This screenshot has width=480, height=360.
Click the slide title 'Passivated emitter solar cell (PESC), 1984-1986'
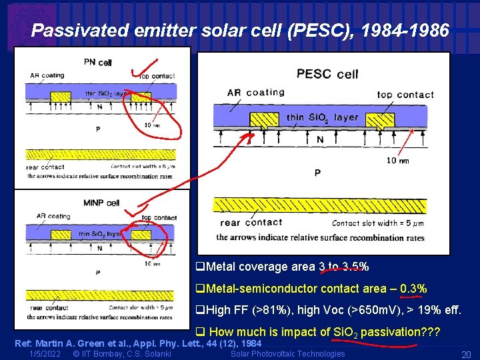click(240, 31)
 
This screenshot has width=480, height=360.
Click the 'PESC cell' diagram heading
click(327, 74)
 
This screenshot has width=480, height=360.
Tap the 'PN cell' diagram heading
click(97, 62)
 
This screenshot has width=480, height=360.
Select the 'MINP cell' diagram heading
click(101, 203)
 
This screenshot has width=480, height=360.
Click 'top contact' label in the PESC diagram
click(405, 95)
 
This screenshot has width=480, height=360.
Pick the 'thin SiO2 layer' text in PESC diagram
click(322, 118)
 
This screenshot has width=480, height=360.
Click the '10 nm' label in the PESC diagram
click(398, 161)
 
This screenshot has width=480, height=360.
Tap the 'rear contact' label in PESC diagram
click(251, 223)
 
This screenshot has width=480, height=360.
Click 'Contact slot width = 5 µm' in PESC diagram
click(378, 223)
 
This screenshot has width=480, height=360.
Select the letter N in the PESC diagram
click(320, 139)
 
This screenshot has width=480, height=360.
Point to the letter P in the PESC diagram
click(317, 173)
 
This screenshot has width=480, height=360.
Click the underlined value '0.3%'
click(413, 289)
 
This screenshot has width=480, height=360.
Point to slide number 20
click(466, 354)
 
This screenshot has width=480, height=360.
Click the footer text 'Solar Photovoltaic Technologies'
click(287, 353)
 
